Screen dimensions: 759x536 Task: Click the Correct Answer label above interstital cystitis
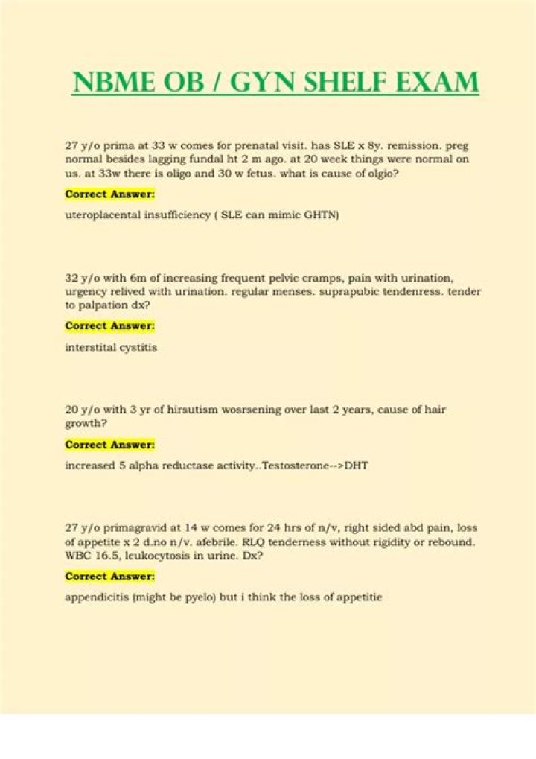coord(109,325)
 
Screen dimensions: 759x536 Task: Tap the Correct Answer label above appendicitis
coord(109,576)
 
